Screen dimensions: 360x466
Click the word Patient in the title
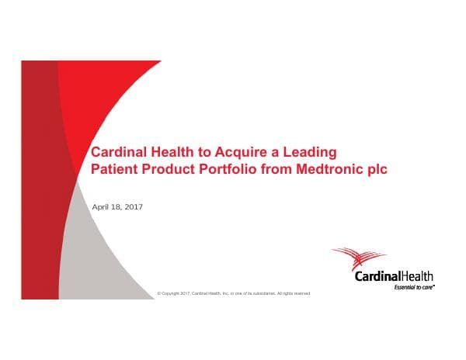coord(116,168)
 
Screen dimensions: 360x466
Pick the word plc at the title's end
coord(374,168)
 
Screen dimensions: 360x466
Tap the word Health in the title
coord(173,151)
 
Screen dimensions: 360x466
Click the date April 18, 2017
coord(117,206)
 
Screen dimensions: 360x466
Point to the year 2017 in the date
coord(133,206)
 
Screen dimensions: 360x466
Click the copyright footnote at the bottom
coord(233,293)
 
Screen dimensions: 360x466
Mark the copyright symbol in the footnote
coord(158,293)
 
